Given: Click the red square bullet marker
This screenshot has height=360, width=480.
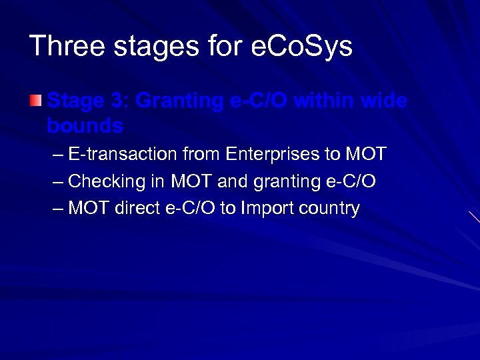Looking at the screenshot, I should click(35, 101).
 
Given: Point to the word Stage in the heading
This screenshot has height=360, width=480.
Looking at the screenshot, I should click(76, 102).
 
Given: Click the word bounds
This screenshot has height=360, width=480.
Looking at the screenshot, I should click(85, 125).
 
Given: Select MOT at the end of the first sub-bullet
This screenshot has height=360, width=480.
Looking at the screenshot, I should click(365, 155).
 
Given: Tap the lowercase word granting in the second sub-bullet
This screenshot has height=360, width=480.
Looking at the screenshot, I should click(285, 181).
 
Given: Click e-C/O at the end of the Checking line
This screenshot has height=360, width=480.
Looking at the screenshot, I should click(350, 181).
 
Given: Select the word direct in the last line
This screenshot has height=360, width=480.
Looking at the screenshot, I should click(139, 208).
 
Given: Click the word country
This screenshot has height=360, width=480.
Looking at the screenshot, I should click(329, 208).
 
